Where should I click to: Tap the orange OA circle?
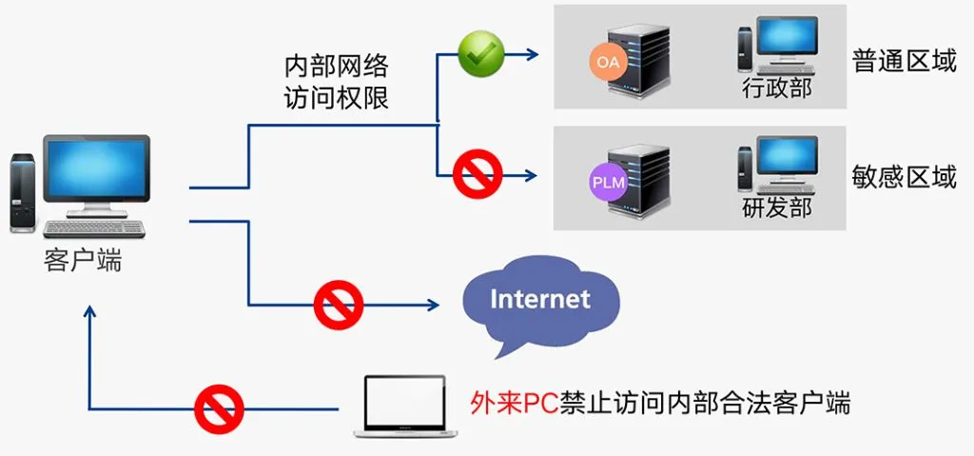pyautogui.click(x=607, y=62)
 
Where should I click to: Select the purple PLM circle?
pyautogui.click(x=608, y=181)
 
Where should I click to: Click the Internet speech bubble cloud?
pyautogui.click(x=539, y=300)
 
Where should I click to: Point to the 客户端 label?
pyautogui.click(x=83, y=260)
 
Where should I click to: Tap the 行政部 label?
pyautogui.click(x=777, y=89)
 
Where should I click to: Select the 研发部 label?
pyautogui.click(x=777, y=208)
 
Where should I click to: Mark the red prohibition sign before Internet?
pyautogui.click(x=339, y=306)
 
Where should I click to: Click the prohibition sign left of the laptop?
pyautogui.click(x=219, y=409)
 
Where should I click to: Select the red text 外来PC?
pyautogui.click(x=504, y=404)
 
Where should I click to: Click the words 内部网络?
pyautogui.click(x=337, y=67)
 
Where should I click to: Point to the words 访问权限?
pyautogui.click(x=337, y=98)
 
